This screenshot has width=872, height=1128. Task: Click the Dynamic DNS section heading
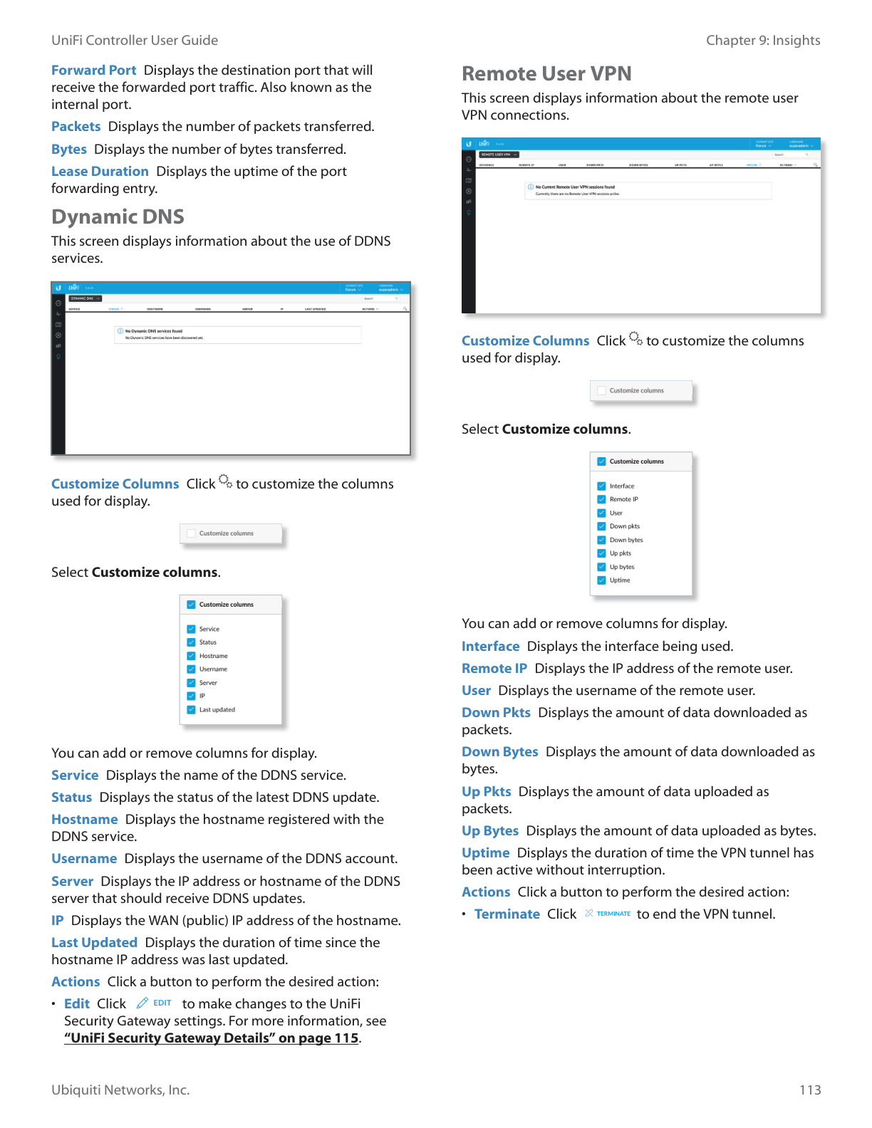(x=118, y=216)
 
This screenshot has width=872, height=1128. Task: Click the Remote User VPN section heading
(x=546, y=73)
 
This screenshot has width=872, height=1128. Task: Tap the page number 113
(x=810, y=1090)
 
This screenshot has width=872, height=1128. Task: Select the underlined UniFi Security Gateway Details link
(x=211, y=1038)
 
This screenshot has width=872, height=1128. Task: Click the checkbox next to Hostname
(x=191, y=656)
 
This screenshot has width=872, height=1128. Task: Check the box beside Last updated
(x=191, y=710)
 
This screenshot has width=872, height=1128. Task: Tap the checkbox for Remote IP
(x=601, y=499)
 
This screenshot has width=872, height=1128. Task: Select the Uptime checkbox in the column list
(x=601, y=580)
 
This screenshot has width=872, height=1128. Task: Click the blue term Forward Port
(x=93, y=70)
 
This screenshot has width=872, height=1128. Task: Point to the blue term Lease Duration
(x=100, y=171)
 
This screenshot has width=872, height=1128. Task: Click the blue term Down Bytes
(x=499, y=751)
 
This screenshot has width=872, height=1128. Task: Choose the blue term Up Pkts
(x=486, y=791)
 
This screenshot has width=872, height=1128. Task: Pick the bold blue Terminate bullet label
(x=507, y=914)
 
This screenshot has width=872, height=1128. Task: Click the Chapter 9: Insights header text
(x=762, y=40)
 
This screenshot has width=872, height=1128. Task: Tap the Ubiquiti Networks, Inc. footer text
(x=120, y=1090)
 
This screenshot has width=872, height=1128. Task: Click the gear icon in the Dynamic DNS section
(x=225, y=481)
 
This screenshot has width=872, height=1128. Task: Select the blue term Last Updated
(x=94, y=942)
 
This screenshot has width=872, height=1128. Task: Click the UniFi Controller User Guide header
(x=135, y=40)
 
